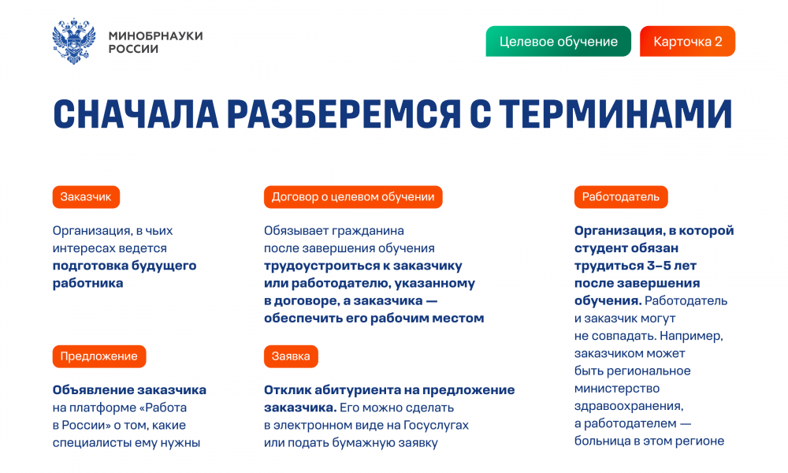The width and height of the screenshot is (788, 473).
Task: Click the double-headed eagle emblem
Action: (x=74, y=41)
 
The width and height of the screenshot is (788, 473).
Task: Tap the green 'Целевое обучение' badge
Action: (x=559, y=41)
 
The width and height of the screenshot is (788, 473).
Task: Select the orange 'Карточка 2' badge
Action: (x=687, y=41)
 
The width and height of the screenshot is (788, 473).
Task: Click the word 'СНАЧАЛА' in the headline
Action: (x=136, y=114)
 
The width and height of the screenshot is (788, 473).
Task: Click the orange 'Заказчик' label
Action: (x=86, y=197)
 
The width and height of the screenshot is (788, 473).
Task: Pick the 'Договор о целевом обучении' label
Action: (x=353, y=197)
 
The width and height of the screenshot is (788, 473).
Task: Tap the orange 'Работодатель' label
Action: (x=621, y=197)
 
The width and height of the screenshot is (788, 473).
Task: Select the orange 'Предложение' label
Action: (x=99, y=356)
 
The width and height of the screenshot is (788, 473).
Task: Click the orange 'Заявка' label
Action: (x=291, y=356)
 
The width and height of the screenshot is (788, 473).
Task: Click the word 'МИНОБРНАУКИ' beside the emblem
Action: (x=156, y=35)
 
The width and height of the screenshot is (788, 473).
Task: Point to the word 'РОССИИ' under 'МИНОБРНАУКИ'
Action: (x=134, y=49)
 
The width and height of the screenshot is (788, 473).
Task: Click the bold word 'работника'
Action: (x=88, y=283)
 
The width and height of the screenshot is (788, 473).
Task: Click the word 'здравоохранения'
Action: (x=629, y=406)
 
